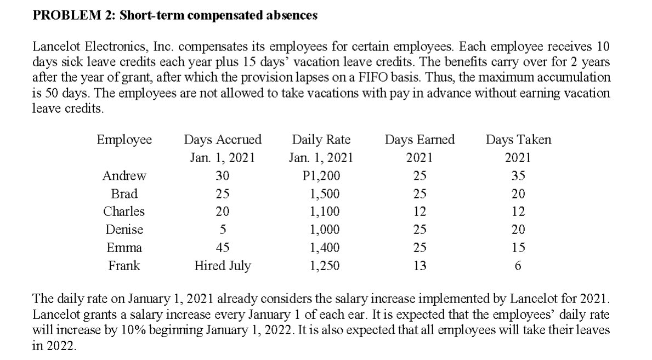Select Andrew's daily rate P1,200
(x=321, y=176)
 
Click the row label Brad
(x=124, y=194)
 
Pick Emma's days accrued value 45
(x=222, y=248)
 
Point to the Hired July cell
(x=222, y=266)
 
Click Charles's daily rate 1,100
(x=325, y=212)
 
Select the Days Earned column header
(x=419, y=140)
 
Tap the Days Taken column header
(x=518, y=140)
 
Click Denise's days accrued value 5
(x=222, y=230)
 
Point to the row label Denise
(x=124, y=230)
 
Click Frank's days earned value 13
(x=419, y=266)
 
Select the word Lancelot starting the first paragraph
(x=55, y=45)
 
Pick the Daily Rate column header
(x=321, y=140)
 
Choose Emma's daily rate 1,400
(x=325, y=248)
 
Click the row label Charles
(x=124, y=212)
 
